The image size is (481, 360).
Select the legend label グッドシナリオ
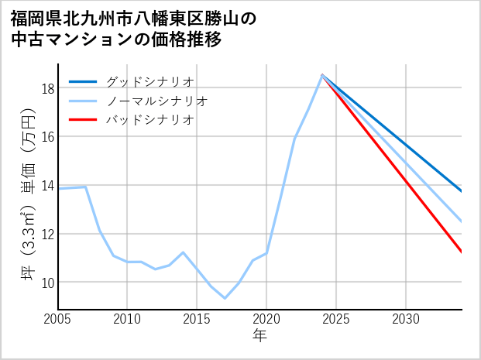point(149,81)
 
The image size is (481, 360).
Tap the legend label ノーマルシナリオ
point(156,101)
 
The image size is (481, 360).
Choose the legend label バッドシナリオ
point(149,120)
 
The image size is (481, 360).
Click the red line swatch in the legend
point(84,120)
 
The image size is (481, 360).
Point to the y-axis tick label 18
point(47,88)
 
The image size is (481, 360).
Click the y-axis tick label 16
point(47,137)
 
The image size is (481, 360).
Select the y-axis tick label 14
point(47,186)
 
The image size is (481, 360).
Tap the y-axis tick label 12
point(47,234)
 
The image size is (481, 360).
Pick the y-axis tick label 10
point(47,283)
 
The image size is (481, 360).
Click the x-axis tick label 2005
point(58,319)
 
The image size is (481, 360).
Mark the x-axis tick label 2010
point(128,319)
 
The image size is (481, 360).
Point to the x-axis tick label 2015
point(198,319)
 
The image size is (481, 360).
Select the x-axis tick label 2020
point(266,319)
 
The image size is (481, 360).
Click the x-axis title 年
point(259,336)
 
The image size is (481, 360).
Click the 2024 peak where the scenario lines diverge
point(322,74)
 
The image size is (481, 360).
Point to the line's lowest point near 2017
point(225,298)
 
